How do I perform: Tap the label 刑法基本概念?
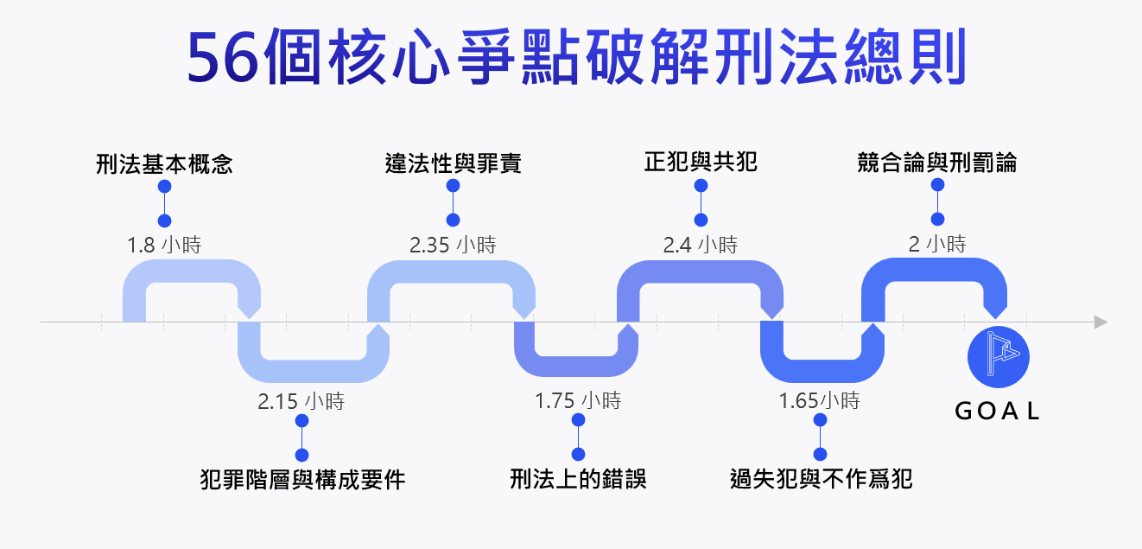(x=164, y=163)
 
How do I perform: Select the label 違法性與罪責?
(x=453, y=163)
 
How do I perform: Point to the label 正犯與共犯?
(x=701, y=162)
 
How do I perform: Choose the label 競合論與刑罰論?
(x=937, y=162)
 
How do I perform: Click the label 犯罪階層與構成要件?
(x=301, y=479)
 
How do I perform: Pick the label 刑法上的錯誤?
(x=578, y=479)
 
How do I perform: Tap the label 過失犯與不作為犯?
(x=821, y=479)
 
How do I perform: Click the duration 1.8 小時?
(x=164, y=246)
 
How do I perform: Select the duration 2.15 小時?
(x=301, y=402)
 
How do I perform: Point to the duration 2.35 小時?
(x=453, y=246)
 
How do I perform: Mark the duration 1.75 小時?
(x=578, y=402)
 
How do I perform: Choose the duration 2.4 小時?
(x=701, y=246)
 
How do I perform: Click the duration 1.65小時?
(x=820, y=402)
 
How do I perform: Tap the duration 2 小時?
(x=937, y=245)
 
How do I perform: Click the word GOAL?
(x=998, y=412)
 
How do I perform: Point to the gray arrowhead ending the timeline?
(x=1100, y=322)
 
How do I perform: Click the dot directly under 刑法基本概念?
(x=164, y=187)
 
